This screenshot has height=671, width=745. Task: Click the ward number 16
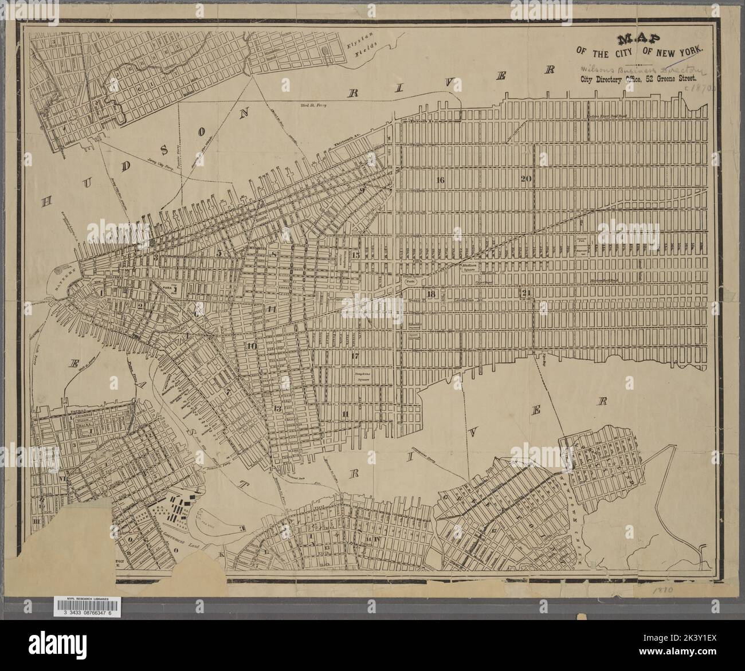(x=440, y=180)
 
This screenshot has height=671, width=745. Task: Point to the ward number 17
(x=355, y=356)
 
